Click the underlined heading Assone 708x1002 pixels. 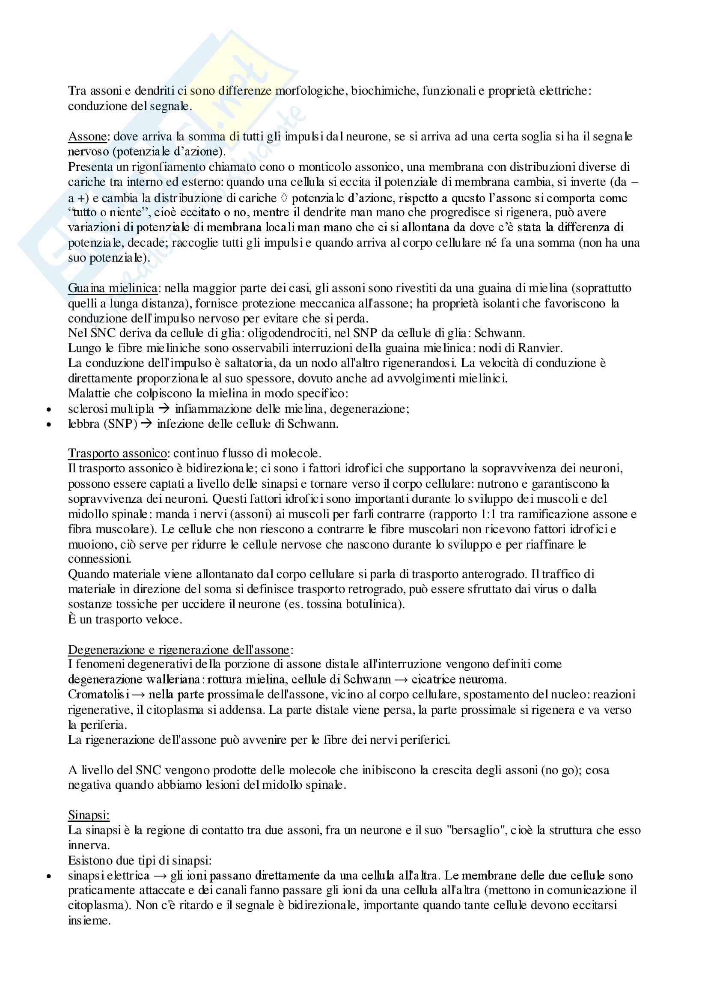(87, 137)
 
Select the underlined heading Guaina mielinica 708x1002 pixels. (113, 288)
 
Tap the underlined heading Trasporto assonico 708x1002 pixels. (117, 453)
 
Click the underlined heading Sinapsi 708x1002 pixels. (89, 815)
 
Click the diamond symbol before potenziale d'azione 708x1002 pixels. (283, 198)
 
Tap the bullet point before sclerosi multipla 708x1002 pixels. (49, 409)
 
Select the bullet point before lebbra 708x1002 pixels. (49, 424)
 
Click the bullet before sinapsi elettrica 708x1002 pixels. (49, 876)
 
